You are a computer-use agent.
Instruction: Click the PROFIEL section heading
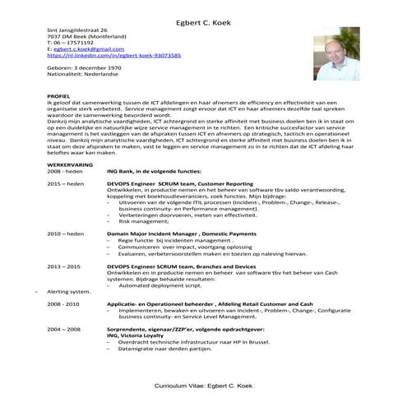59,96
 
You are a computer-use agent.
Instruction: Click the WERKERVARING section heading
69,164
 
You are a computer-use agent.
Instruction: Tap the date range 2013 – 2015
63,267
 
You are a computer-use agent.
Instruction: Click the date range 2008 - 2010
63,303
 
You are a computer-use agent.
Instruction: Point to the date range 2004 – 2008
63,328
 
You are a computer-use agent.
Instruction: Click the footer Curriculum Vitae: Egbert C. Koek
203,386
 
